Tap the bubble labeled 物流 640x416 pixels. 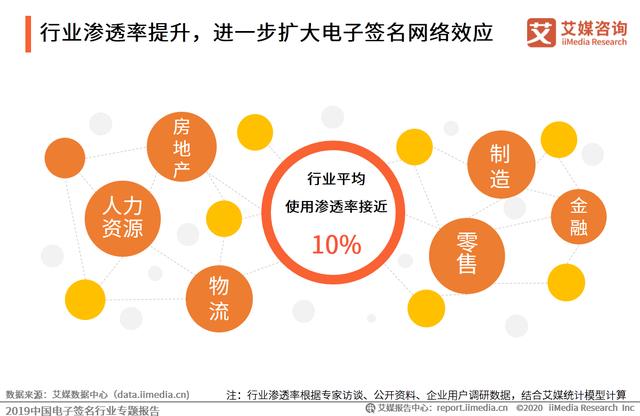pos(218,296)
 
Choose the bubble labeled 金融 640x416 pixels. pos(580,218)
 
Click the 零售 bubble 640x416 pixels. pos(465,252)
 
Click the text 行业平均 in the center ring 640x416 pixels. pos(336,180)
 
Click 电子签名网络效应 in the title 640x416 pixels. pos(405,33)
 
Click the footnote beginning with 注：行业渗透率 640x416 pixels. pos(430,394)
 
